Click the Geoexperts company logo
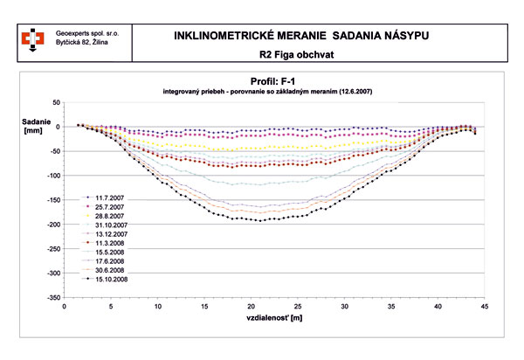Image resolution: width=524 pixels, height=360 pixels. tap(32, 38)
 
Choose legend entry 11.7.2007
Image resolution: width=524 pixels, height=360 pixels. tap(107, 198)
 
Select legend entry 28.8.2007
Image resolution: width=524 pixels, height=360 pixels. tap(107, 215)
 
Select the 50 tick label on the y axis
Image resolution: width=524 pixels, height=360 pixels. tap(58, 102)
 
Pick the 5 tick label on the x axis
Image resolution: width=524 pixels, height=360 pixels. tap(111, 307)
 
